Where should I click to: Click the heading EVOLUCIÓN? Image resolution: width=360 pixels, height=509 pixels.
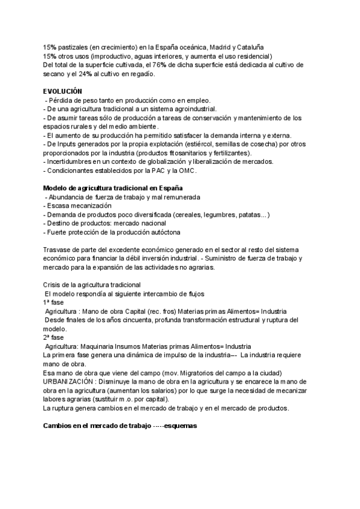coord(62,91)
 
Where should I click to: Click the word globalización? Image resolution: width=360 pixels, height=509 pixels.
coord(157,161)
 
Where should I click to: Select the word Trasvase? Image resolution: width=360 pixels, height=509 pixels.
coord(59,249)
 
